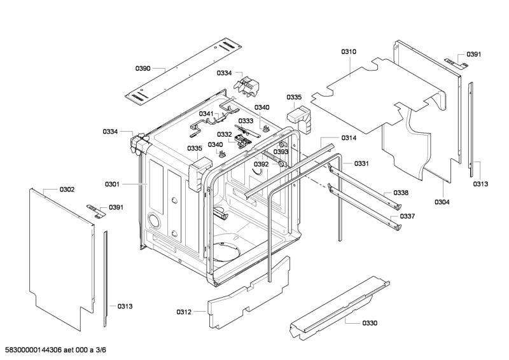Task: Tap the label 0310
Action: click(349, 52)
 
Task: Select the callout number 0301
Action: click(112, 184)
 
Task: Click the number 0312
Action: click(184, 312)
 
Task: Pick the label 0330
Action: click(370, 323)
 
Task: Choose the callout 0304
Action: click(442, 202)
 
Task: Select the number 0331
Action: click(362, 163)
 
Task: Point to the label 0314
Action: click(349, 138)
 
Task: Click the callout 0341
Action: click(206, 114)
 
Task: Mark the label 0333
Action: click(246, 120)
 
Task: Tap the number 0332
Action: click(224, 134)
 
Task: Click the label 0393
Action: click(281, 152)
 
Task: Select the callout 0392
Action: click(261, 164)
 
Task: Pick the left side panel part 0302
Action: click(60, 254)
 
